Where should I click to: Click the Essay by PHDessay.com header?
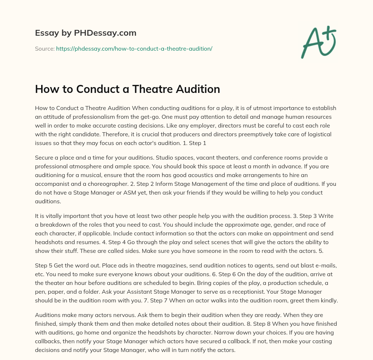tap(86, 33)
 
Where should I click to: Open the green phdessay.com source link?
tap(134, 48)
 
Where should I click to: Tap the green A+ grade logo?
tap(318, 42)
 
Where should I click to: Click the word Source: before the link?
tap(45, 48)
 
